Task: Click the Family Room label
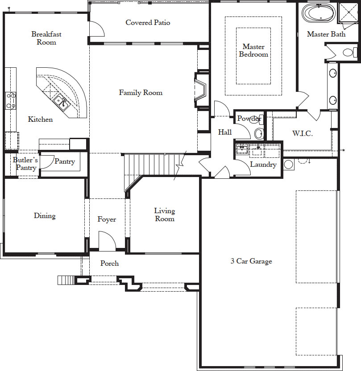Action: pyautogui.click(x=141, y=92)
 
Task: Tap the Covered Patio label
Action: pyautogui.click(x=148, y=22)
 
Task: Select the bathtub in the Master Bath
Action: pyautogui.click(x=319, y=13)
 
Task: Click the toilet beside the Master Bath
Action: pyautogui.click(x=350, y=52)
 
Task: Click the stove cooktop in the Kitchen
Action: pyautogui.click(x=11, y=101)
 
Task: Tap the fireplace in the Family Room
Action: pyautogui.click(x=200, y=90)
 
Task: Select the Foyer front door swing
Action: pyautogui.click(x=107, y=241)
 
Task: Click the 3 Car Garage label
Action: pyautogui.click(x=251, y=261)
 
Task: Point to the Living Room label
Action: pyautogui.click(x=165, y=214)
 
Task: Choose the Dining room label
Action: pyautogui.click(x=45, y=215)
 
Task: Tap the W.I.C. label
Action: pyautogui.click(x=303, y=133)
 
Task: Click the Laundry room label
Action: pyautogui.click(x=263, y=165)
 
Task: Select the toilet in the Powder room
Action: pyautogui.click(x=259, y=134)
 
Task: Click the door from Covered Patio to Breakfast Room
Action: pyautogui.click(x=96, y=29)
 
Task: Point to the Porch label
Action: pyautogui.click(x=109, y=263)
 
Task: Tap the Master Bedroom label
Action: pyautogui.click(x=253, y=50)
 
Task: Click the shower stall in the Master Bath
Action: pyautogui.click(x=349, y=12)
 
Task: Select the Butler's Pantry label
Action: pyautogui.click(x=25, y=164)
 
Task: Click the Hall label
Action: pyautogui.click(x=224, y=132)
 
